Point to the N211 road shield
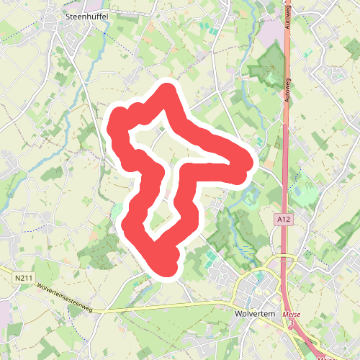click(x=23, y=276)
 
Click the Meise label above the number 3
click(x=292, y=315)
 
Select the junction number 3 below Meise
click(x=292, y=323)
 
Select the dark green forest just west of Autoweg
click(x=266, y=68)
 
